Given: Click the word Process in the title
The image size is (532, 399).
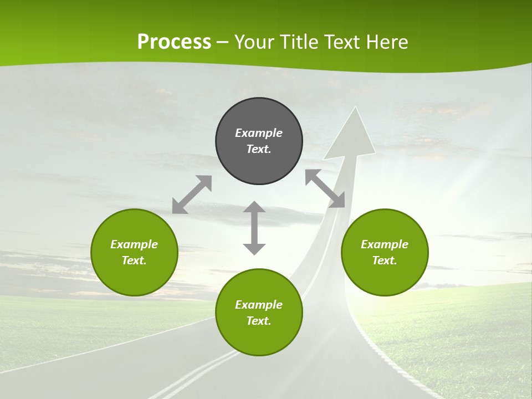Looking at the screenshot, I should tap(174, 42).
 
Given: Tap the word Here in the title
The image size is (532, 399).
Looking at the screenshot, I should tap(386, 42).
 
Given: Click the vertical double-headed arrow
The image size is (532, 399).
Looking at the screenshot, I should tap(254, 228).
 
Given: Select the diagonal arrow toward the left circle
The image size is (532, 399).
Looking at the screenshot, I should tap(192, 195).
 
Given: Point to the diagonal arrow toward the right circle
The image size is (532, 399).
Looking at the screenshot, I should tap(325, 188).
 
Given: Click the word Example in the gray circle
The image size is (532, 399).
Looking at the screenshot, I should tap(259, 133).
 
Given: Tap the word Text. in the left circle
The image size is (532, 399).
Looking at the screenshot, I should tap(134, 260).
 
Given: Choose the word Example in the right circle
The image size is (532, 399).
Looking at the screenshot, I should tap(385, 244).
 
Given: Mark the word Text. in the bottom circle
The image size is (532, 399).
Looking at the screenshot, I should tap(259, 321).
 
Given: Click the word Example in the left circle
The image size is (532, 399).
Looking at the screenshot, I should tap(134, 244).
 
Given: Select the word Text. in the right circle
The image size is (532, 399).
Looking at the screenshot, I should tap(385, 260).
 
